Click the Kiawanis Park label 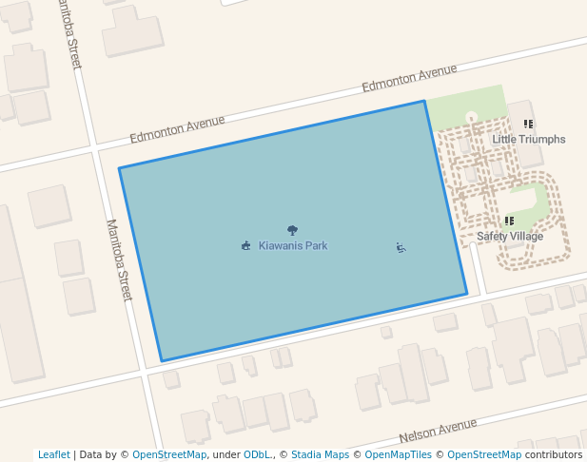pyautogui.click(x=293, y=245)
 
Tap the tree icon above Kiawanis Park pyautogui.click(x=292, y=230)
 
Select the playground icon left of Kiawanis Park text pyautogui.click(x=246, y=246)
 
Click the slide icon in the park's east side pyautogui.click(x=401, y=248)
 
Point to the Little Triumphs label pyautogui.click(x=528, y=139)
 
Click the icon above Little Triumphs pyautogui.click(x=528, y=125)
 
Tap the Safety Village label pyautogui.click(x=510, y=236)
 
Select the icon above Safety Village pyautogui.click(x=509, y=221)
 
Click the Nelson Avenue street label pyautogui.click(x=438, y=431)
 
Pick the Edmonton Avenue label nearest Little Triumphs pyautogui.click(x=409, y=78)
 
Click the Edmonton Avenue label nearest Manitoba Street pyautogui.click(x=178, y=128)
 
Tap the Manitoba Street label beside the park pyautogui.click(x=119, y=260)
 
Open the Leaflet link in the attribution pyautogui.click(x=53, y=454)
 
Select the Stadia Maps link pyautogui.click(x=320, y=454)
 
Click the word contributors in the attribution pyautogui.click(x=553, y=454)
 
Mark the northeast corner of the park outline pyautogui.click(x=424, y=101)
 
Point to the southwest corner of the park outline pyautogui.click(x=162, y=361)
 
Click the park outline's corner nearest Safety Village pyautogui.click(x=467, y=294)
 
